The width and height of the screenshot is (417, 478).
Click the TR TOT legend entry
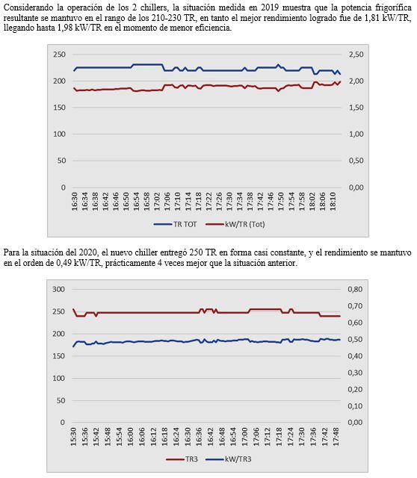[176, 224]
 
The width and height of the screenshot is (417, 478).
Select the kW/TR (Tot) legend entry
[235, 224]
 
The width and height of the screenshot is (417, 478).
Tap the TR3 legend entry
[182, 459]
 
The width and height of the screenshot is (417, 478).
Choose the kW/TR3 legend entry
[229, 459]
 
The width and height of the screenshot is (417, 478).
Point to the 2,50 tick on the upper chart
[356, 55]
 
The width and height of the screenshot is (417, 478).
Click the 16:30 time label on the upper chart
[75, 201]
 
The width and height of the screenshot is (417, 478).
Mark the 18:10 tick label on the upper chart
[333, 201]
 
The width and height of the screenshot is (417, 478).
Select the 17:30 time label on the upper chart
[229, 201]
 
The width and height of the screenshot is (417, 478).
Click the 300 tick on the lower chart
[58, 289]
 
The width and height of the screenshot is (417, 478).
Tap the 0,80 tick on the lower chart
[356, 289]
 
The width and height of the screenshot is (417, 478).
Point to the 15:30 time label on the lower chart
[73, 436]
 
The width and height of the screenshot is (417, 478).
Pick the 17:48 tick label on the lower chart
[336, 436]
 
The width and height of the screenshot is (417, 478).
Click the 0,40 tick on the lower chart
[356, 356]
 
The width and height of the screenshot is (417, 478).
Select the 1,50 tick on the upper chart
[356, 108]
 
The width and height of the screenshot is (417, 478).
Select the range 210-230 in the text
[165, 18]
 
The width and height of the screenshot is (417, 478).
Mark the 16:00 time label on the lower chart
[131, 436]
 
